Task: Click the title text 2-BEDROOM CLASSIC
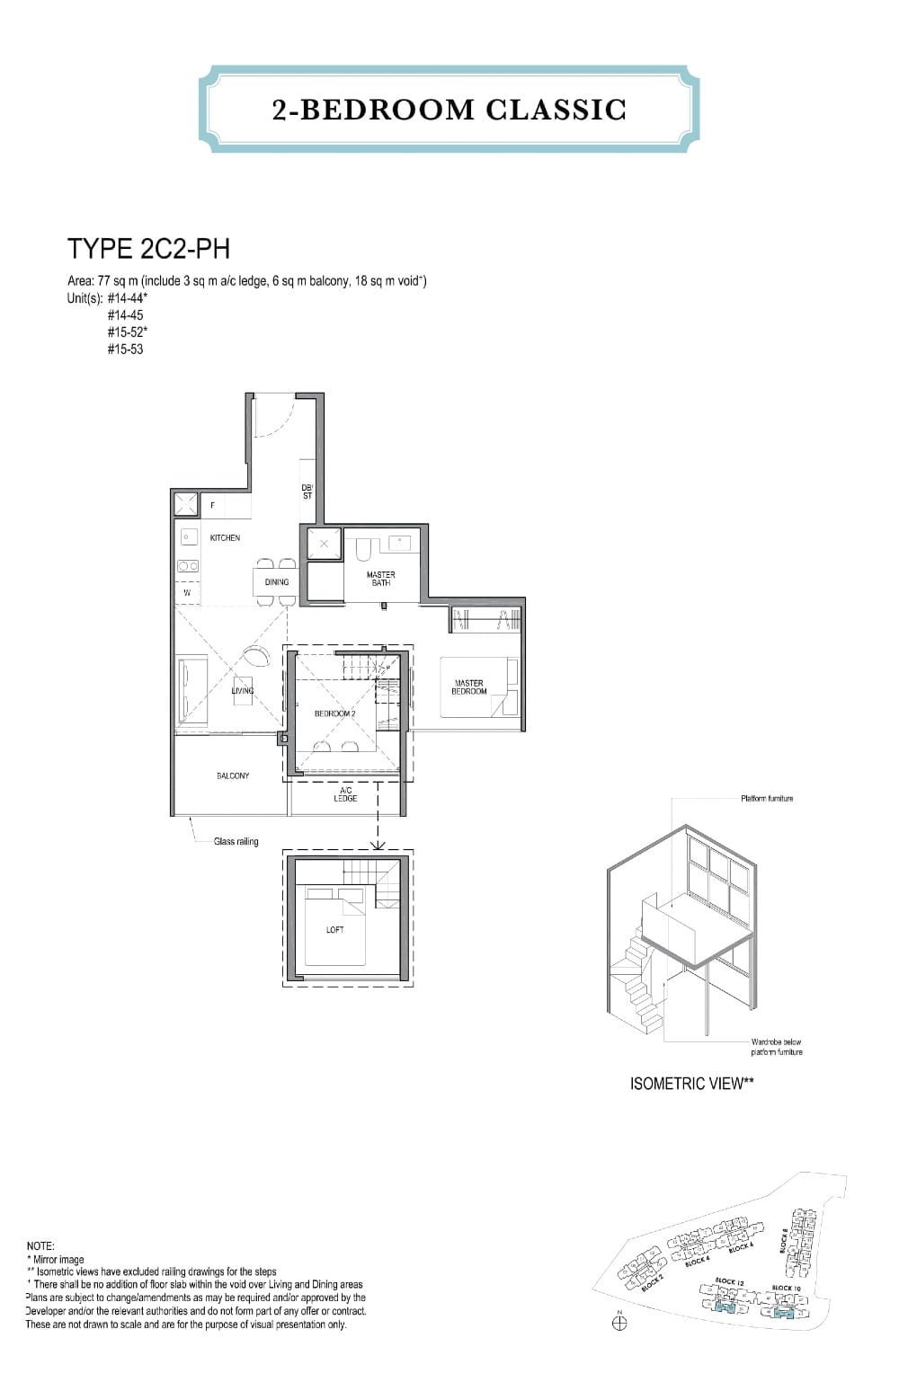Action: click(x=449, y=110)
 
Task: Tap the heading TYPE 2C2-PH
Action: click(x=142, y=248)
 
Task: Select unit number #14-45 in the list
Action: click(x=125, y=315)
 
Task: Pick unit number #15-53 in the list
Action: click(x=125, y=350)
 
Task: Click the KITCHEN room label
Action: click(x=225, y=538)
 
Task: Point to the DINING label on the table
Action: click(x=277, y=582)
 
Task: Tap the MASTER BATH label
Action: click(x=380, y=579)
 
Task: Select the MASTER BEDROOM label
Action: click(x=468, y=687)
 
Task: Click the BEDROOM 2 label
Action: click(x=334, y=713)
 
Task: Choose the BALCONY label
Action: click(x=233, y=775)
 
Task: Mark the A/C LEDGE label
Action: click(x=345, y=794)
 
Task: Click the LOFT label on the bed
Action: click(x=334, y=930)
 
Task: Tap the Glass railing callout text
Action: click(x=236, y=842)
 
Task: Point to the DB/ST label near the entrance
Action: click(x=307, y=492)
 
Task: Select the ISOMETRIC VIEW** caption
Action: click(x=691, y=1084)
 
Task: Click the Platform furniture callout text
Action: click(x=767, y=798)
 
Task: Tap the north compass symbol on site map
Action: click(x=619, y=1323)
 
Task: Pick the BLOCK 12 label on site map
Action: click(x=728, y=1281)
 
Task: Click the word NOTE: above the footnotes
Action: click(x=40, y=1246)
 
